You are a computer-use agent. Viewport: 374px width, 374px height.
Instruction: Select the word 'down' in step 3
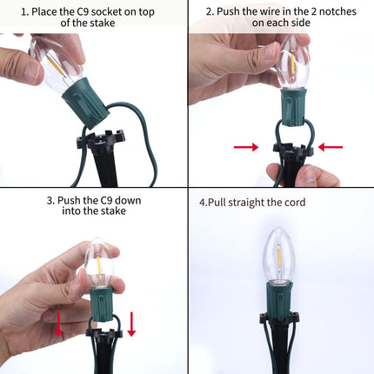click(127, 201)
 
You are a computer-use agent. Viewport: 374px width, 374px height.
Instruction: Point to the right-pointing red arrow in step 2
click(246, 147)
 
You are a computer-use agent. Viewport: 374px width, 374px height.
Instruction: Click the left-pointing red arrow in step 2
click(331, 147)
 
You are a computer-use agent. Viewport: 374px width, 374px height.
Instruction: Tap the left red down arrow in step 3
click(58, 324)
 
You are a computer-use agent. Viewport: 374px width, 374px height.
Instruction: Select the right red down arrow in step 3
click(131, 324)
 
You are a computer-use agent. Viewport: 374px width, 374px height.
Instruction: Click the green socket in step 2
click(293, 107)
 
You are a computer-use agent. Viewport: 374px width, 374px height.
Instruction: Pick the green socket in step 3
click(101, 304)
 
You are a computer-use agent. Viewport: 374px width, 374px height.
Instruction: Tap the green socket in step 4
click(278, 302)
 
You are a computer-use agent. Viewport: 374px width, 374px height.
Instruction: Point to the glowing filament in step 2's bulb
click(293, 63)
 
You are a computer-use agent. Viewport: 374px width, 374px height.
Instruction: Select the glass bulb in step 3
click(99, 264)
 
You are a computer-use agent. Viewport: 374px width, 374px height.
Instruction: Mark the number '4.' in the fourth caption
click(204, 202)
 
